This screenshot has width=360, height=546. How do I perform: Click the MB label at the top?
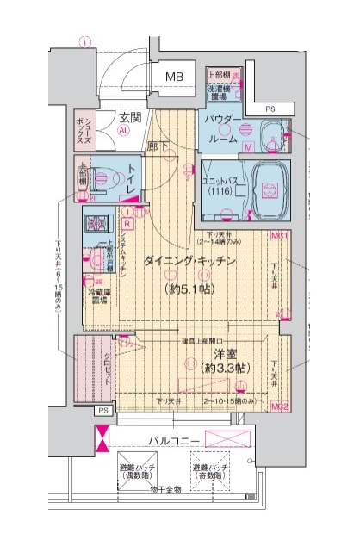pyautogui.click(x=175, y=77)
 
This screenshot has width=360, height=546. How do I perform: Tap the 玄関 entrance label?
pyautogui.click(x=131, y=116)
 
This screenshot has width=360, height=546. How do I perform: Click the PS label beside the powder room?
pyautogui.click(x=270, y=109)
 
